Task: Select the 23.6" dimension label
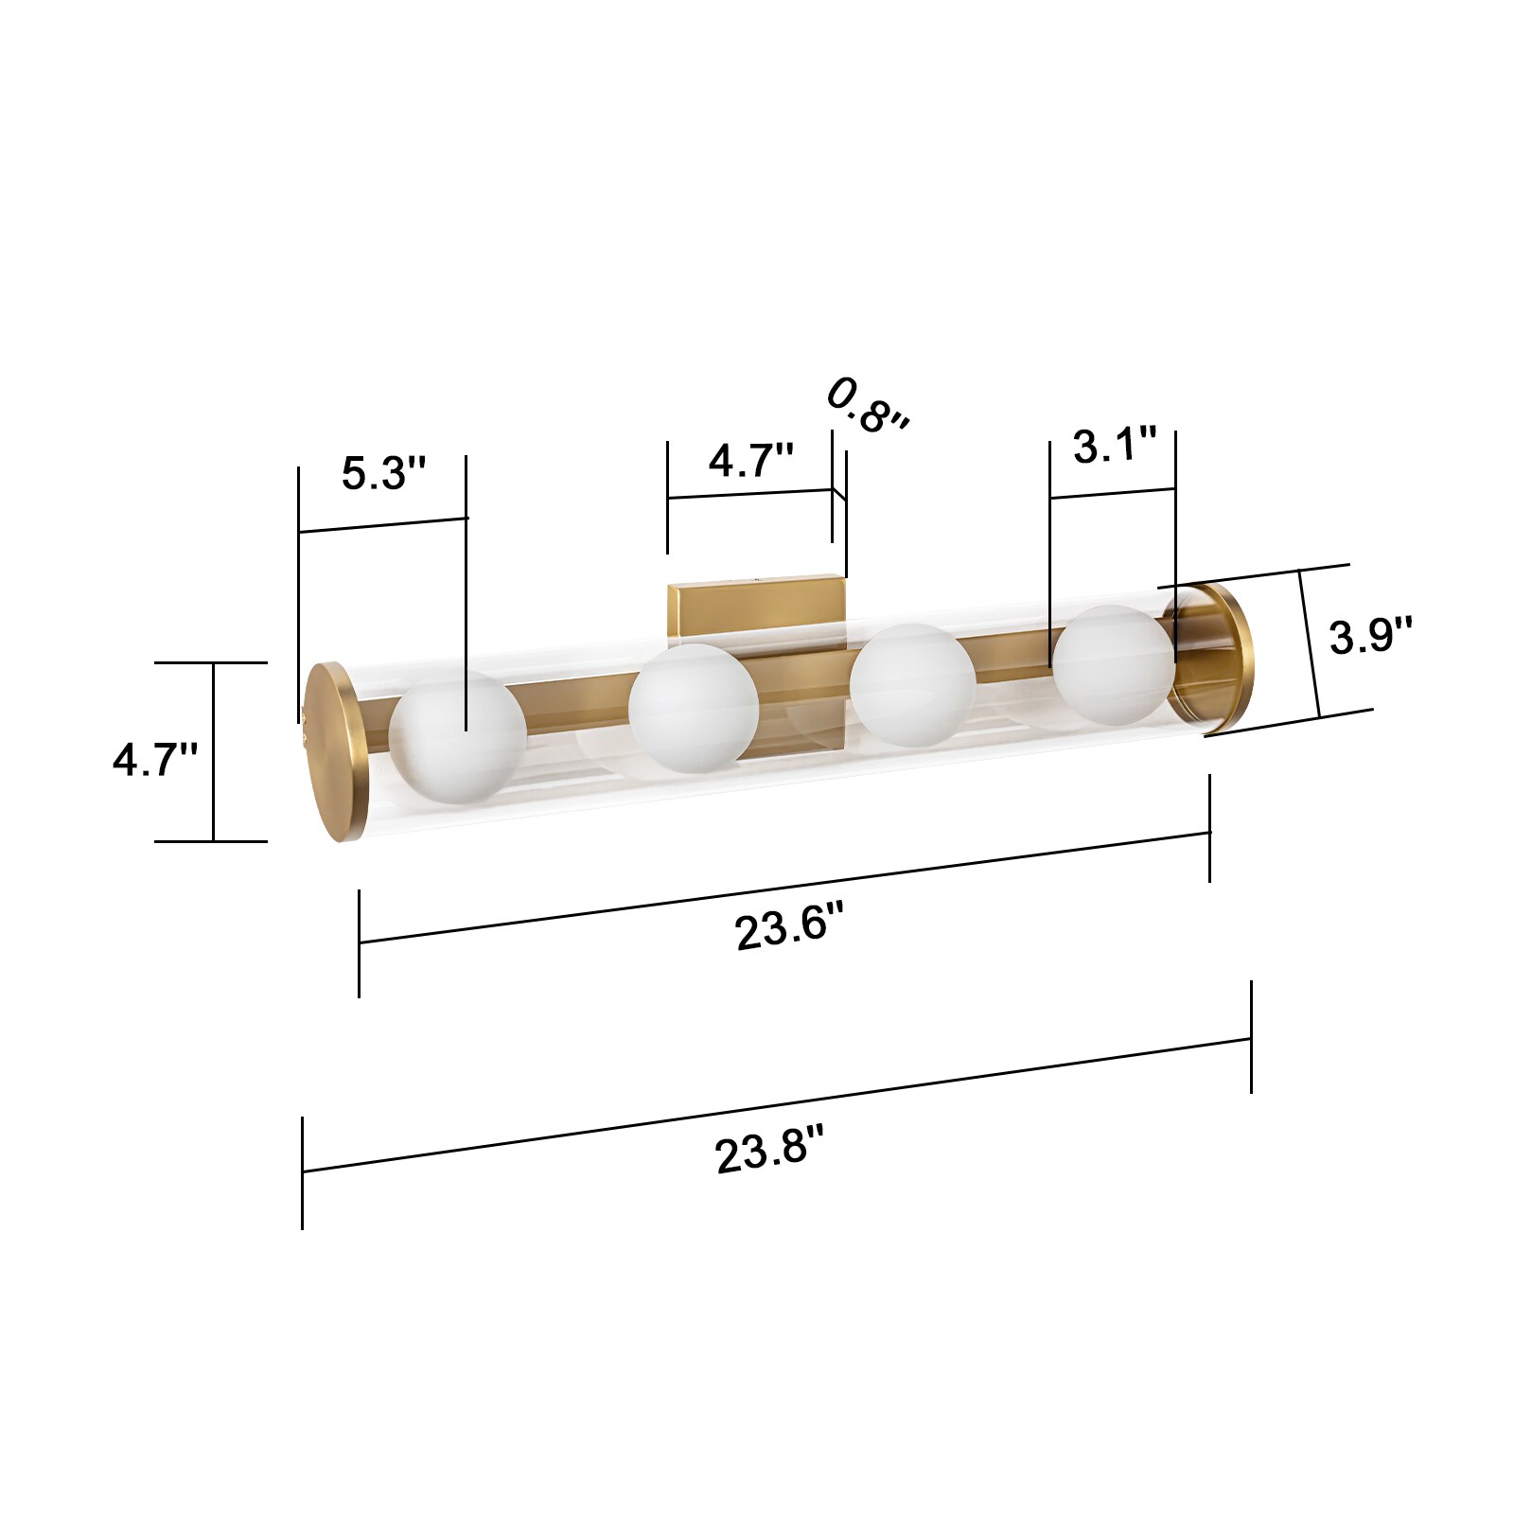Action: coord(788,924)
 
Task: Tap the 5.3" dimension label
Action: coord(383,473)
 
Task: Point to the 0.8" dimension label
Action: coord(868,405)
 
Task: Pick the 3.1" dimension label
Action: coord(1115,444)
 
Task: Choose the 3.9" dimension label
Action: coord(1370,635)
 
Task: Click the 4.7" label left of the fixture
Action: coord(155,759)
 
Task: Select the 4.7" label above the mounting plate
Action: coord(750,461)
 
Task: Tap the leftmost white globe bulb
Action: coord(457,737)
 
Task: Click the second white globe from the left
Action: coord(694,708)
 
